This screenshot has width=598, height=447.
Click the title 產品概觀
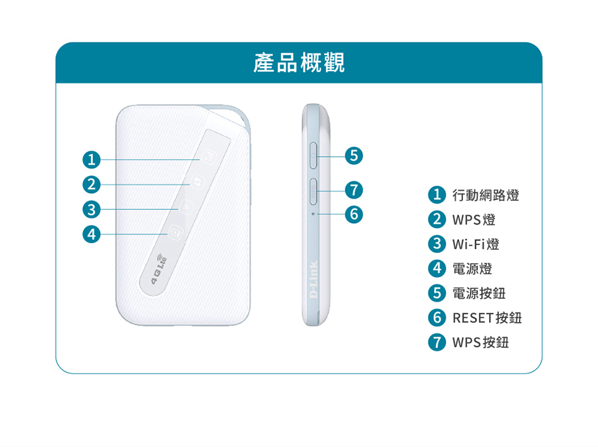[x=299, y=64]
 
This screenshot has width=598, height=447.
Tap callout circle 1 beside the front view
[x=90, y=159]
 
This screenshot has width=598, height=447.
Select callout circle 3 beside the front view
[x=90, y=209]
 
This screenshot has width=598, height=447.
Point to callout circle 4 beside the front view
[x=90, y=233]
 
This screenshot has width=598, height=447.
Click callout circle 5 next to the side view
[x=355, y=156]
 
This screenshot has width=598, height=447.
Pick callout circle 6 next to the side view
[x=355, y=214]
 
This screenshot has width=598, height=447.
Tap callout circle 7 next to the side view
[x=355, y=190]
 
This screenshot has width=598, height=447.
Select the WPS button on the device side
[x=314, y=191]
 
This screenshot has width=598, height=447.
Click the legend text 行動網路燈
[x=486, y=195]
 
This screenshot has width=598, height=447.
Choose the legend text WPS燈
[x=474, y=220]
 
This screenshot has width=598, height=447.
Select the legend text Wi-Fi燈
[x=476, y=244]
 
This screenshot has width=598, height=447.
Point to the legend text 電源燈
[x=472, y=269]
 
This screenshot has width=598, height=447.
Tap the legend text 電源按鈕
[x=479, y=294]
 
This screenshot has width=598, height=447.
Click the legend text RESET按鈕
[x=487, y=318]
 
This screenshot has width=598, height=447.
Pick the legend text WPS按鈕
[x=480, y=343]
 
